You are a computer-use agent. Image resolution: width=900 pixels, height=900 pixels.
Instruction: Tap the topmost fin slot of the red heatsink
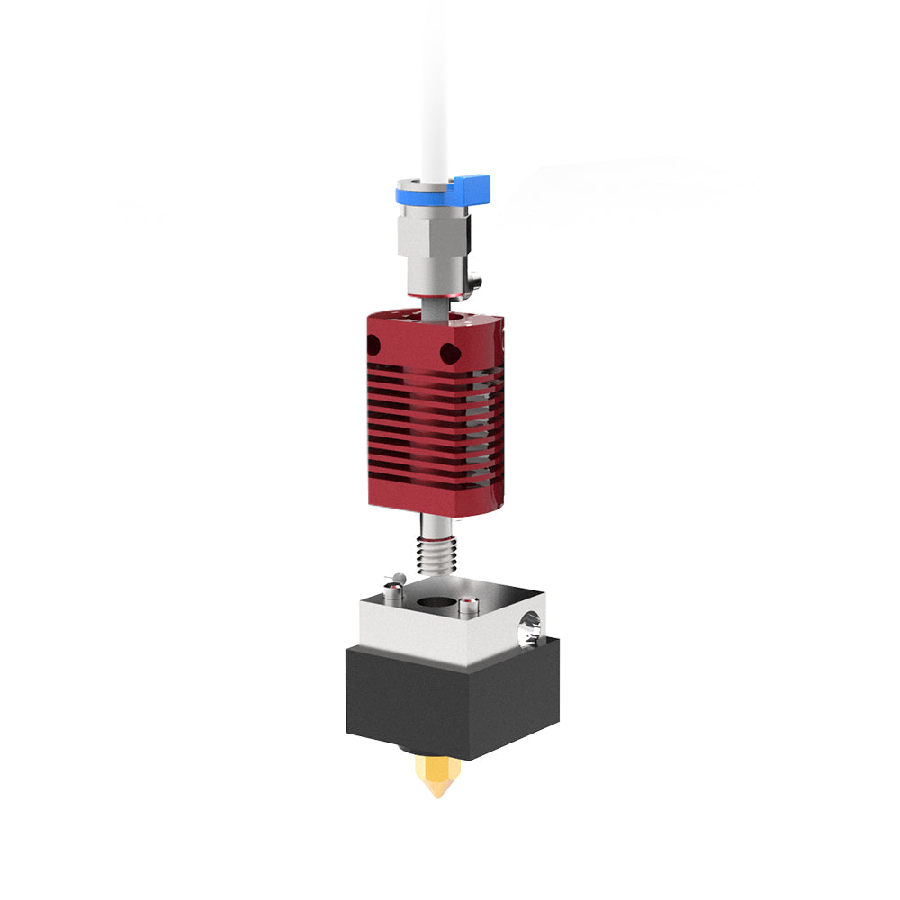click(x=423, y=379)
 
